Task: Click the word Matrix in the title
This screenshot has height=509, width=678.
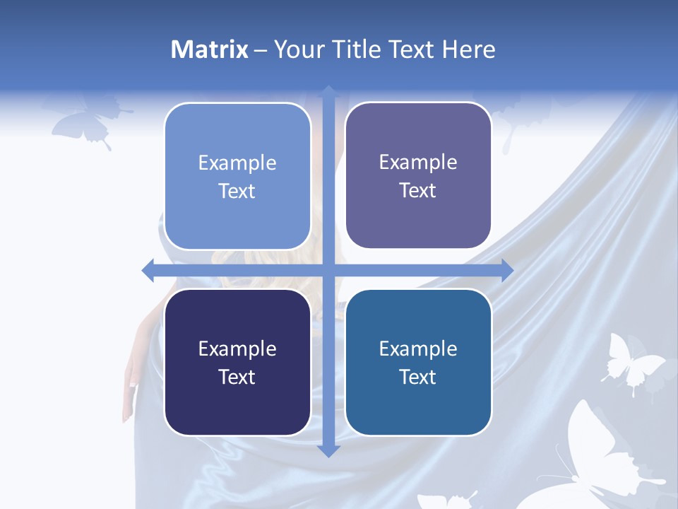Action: tap(209, 49)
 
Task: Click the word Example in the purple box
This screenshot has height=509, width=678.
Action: tap(418, 163)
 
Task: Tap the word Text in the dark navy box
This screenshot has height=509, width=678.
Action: tap(237, 377)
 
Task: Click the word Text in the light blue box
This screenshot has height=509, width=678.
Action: tap(237, 191)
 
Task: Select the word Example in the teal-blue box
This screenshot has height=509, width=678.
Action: tap(418, 349)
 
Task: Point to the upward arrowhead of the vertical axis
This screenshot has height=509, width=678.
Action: tap(328, 92)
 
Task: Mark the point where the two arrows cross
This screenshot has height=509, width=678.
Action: tap(328, 270)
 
